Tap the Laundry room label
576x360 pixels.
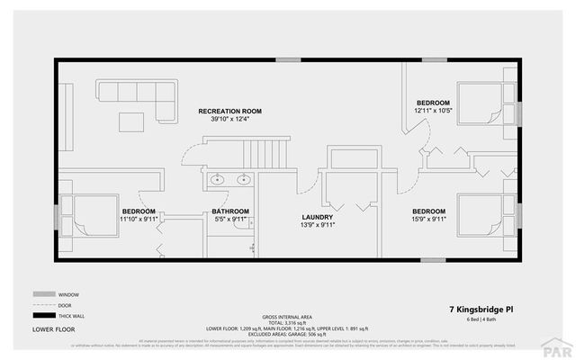coord(318,217)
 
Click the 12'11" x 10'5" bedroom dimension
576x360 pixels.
coord(433,110)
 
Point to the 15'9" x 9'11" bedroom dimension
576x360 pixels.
coord(427,217)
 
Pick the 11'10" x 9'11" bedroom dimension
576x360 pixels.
coord(139,218)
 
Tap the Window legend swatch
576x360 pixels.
coord(43,294)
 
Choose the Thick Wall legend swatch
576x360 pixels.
coord(43,316)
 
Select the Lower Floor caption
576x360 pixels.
coord(55,330)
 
